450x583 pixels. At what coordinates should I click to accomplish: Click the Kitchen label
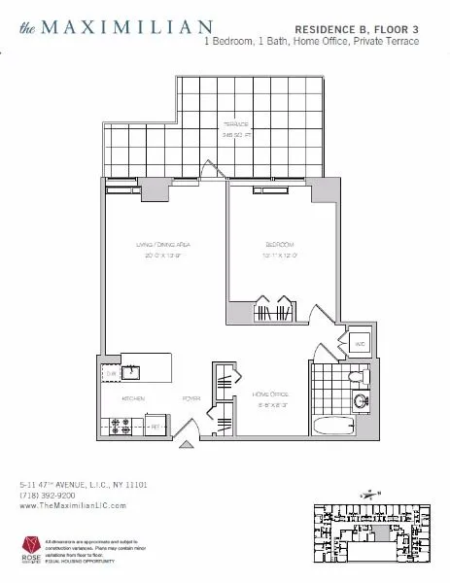click(133, 398)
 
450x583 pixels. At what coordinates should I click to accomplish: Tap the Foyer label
click(190, 398)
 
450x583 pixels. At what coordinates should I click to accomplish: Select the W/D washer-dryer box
click(358, 344)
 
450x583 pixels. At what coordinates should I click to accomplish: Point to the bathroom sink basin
click(363, 400)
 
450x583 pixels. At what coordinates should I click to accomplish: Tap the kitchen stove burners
click(124, 424)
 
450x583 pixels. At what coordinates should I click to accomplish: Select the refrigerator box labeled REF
click(154, 424)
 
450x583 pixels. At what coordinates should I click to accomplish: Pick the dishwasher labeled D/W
click(112, 370)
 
